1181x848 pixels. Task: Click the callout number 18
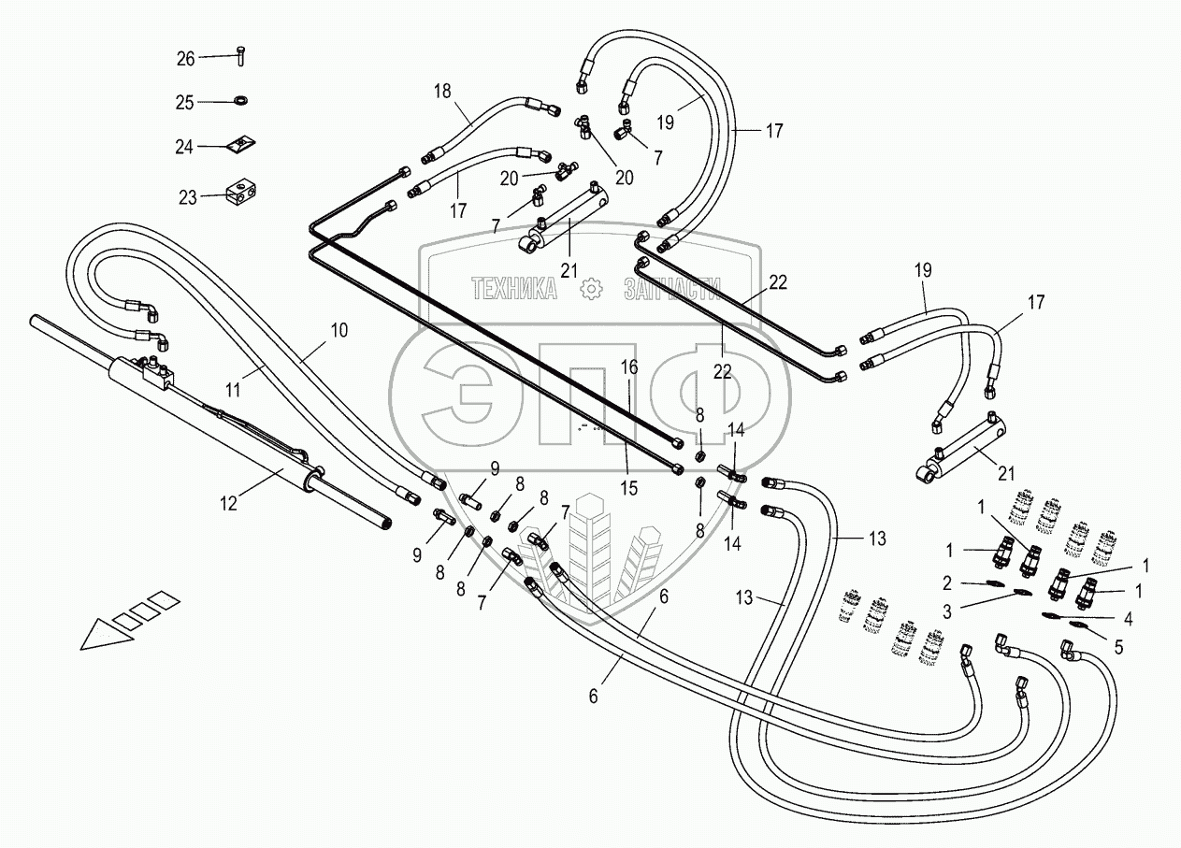pos(441,91)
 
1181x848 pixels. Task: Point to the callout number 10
pos(338,330)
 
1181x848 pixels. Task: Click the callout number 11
pos(234,386)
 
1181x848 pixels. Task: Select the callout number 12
pos(229,503)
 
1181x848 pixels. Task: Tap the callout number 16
pos(629,367)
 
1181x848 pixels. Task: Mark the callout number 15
pos(629,486)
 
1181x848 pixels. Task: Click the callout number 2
pos(947,582)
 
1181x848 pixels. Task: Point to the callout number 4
pos(1129,618)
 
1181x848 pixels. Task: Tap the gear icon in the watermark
pos(590,290)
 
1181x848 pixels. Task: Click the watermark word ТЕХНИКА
pos(514,290)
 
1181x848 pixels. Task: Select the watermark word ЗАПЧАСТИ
pos(674,290)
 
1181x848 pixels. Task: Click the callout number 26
pos(185,59)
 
